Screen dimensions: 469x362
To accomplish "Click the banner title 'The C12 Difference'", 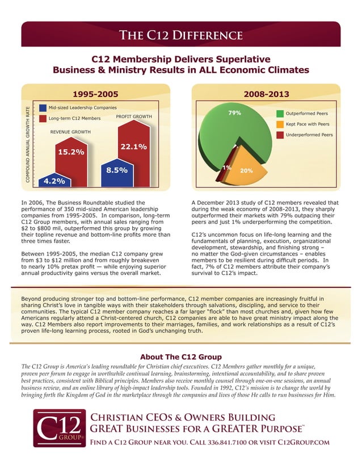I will click(x=180, y=35).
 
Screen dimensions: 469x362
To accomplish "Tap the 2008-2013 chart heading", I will click(x=266, y=94).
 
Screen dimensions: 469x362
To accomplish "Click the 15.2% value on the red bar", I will click(x=71, y=152).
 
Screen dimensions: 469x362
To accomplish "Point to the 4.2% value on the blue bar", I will click(x=54, y=181).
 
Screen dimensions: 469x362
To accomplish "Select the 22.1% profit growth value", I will click(x=134, y=147).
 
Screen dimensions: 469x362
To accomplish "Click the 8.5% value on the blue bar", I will click(x=117, y=169).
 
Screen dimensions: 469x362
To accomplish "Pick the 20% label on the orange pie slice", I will click(x=246, y=170).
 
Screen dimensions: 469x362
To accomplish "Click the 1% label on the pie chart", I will click(x=226, y=167).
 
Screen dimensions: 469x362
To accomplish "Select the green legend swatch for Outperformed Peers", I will click(x=280, y=114).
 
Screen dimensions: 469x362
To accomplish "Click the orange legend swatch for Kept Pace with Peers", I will click(x=280, y=124).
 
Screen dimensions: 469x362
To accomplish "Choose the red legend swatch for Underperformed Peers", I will click(x=280, y=135).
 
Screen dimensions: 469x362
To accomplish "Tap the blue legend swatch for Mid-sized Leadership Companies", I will click(x=43, y=107).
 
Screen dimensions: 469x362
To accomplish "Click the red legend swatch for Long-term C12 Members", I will click(x=43, y=118).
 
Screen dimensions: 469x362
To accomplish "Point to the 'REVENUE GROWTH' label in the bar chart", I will click(x=70, y=132).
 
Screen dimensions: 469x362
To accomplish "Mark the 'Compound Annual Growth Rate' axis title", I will click(x=27, y=144).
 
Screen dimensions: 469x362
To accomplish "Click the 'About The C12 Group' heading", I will click(x=180, y=357).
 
